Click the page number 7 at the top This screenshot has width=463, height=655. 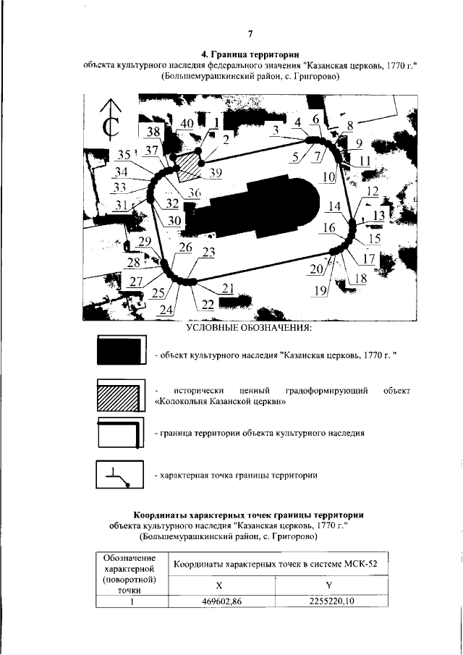[249, 34]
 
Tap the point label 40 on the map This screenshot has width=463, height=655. [187, 124]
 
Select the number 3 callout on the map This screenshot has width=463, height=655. [275, 130]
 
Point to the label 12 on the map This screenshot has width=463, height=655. [373, 191]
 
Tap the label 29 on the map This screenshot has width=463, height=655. [145, 242]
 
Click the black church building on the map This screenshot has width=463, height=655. [253, 206]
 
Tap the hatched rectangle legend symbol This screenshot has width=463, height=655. [120, 397]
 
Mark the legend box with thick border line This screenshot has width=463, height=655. [120, 434]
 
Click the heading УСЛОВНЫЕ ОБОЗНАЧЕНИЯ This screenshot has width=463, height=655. [248, 329]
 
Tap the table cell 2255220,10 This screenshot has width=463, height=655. [332, 601]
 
